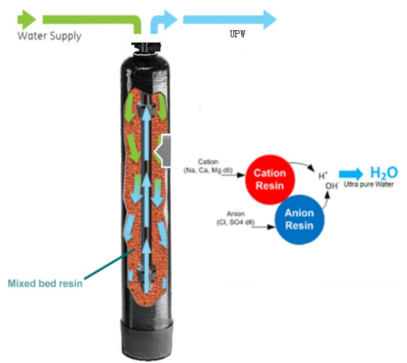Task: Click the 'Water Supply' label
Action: click(x=50, y=36)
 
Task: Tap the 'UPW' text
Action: click(x=238, y=34)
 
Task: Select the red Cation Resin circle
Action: click(x=270, y=179)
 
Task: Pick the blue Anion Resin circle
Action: click(x=300, y=219)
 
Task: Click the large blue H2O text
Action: click(x=384, y=173)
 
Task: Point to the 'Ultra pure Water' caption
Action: click(x=368, y=184)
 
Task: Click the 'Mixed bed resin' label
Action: click(x=45, y=284)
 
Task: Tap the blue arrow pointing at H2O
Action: click(x=351, y=174)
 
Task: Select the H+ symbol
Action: click(x=323, y=176)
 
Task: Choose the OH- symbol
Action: click(x=332, y=186)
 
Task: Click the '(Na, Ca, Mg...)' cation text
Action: click(x=208, y=170)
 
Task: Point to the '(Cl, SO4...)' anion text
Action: click(x=236, y=222)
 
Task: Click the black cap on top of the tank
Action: click(x=146, y=48)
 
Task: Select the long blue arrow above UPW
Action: click(x=230, y=19)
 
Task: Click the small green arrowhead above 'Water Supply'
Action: click(x=26, y=19)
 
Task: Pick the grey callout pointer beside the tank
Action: click(x=163, y=151)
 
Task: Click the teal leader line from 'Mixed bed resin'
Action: click(x=109, y=264)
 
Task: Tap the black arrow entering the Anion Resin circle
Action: click(x=263, y=227)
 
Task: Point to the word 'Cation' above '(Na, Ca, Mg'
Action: click(x=208, y=161)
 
